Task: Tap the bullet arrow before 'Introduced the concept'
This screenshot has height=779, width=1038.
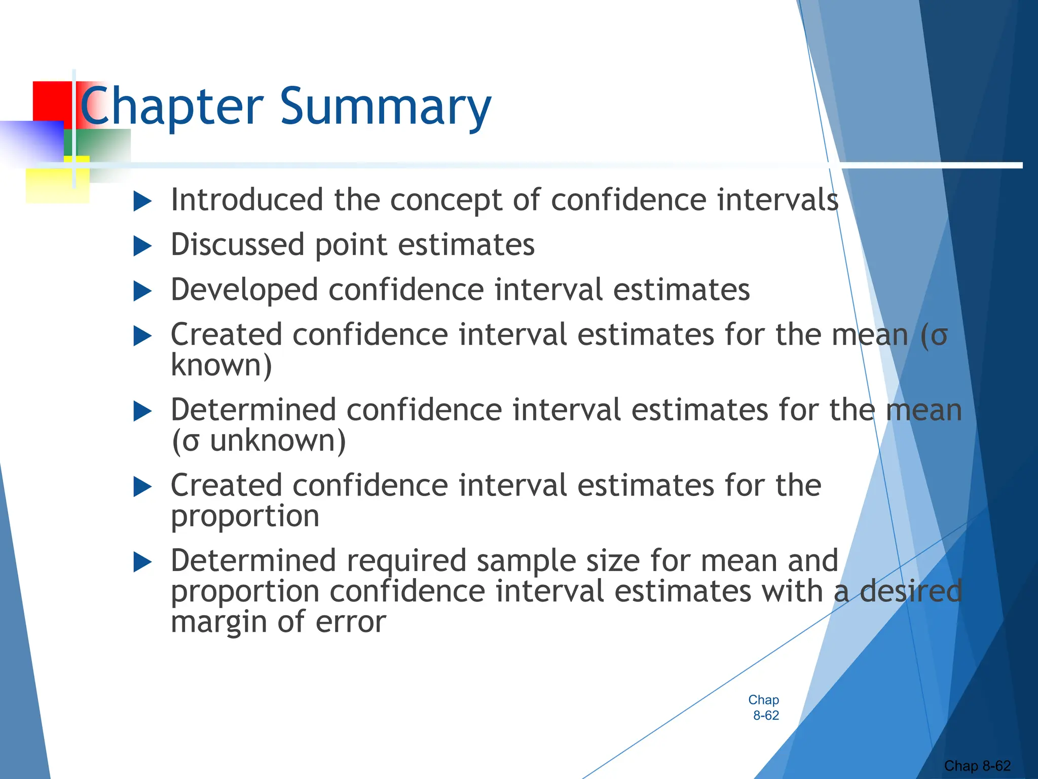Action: click(x=142, y=201)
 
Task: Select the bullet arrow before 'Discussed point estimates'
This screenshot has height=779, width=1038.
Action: click(x=142, y=246)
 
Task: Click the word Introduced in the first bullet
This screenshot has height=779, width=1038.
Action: click(x=247, y=199)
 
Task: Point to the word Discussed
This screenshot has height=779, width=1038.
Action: click(x=237, y=244)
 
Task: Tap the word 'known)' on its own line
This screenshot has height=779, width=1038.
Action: click(x=221, y=365)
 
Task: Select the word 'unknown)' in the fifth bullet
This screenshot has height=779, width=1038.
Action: click(x=278, y=440)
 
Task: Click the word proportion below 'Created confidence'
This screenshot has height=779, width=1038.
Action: click(x=245, y=516)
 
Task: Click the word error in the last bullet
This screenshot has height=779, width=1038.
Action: click(x=351, y=622)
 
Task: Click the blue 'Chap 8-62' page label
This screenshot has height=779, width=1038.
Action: click(x=764, y=707)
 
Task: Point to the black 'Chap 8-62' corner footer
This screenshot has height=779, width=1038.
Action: click(x=977, y=766)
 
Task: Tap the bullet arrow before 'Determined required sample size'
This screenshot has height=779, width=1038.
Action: click(x=142, y=562)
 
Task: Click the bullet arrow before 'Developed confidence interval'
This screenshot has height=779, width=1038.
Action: click(x=142, y=292)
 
